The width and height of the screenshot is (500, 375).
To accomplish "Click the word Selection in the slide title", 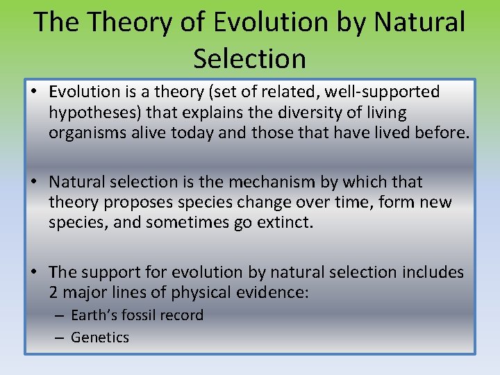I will (x=249, y=58).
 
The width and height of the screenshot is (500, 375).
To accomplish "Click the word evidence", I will (x=265, y=293).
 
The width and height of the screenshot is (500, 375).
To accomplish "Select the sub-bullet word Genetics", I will (x=100, y=337).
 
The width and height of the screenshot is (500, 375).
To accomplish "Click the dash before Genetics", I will (x=60, y=337).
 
